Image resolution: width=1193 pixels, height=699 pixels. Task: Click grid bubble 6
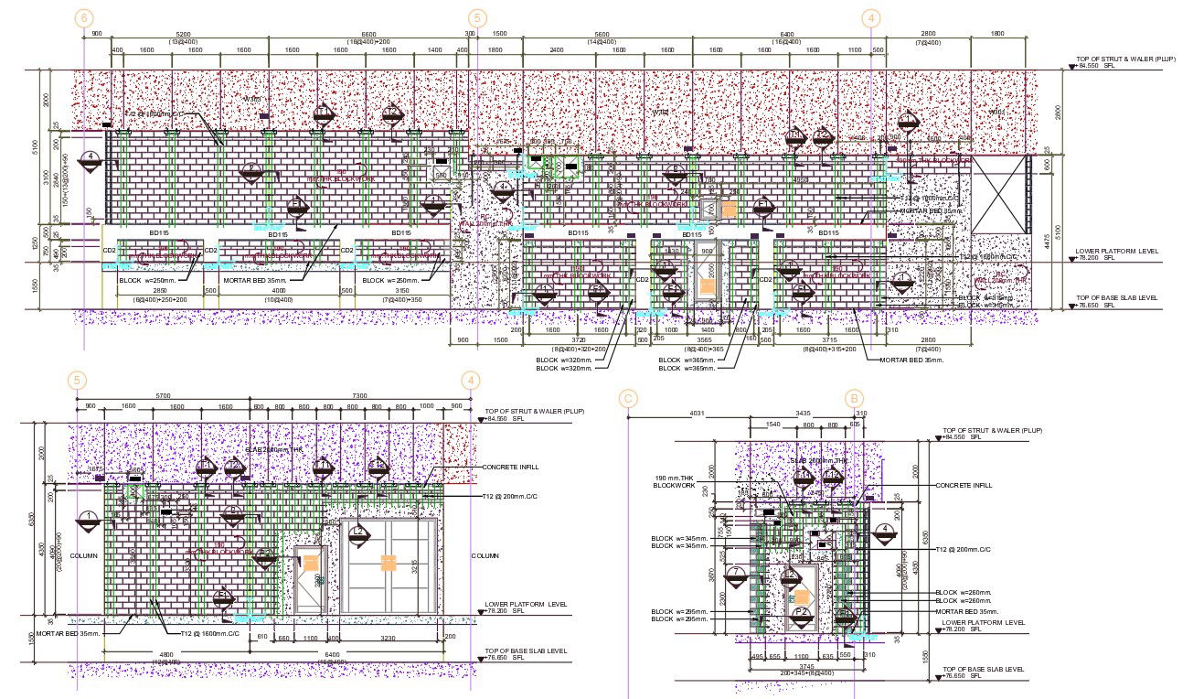coord(84,17)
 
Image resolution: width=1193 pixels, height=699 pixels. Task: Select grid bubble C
coord(627,398)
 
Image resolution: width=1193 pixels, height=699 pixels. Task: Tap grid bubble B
coord(854,398)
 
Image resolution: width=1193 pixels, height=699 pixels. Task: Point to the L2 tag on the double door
coord(358,532)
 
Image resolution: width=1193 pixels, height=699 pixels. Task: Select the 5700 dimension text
coord(162,396)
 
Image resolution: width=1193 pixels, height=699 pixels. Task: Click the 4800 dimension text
coord(167,654)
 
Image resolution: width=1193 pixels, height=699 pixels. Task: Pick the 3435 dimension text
coord(802,414)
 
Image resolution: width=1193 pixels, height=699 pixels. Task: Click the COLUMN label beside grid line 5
coord(83,555)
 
